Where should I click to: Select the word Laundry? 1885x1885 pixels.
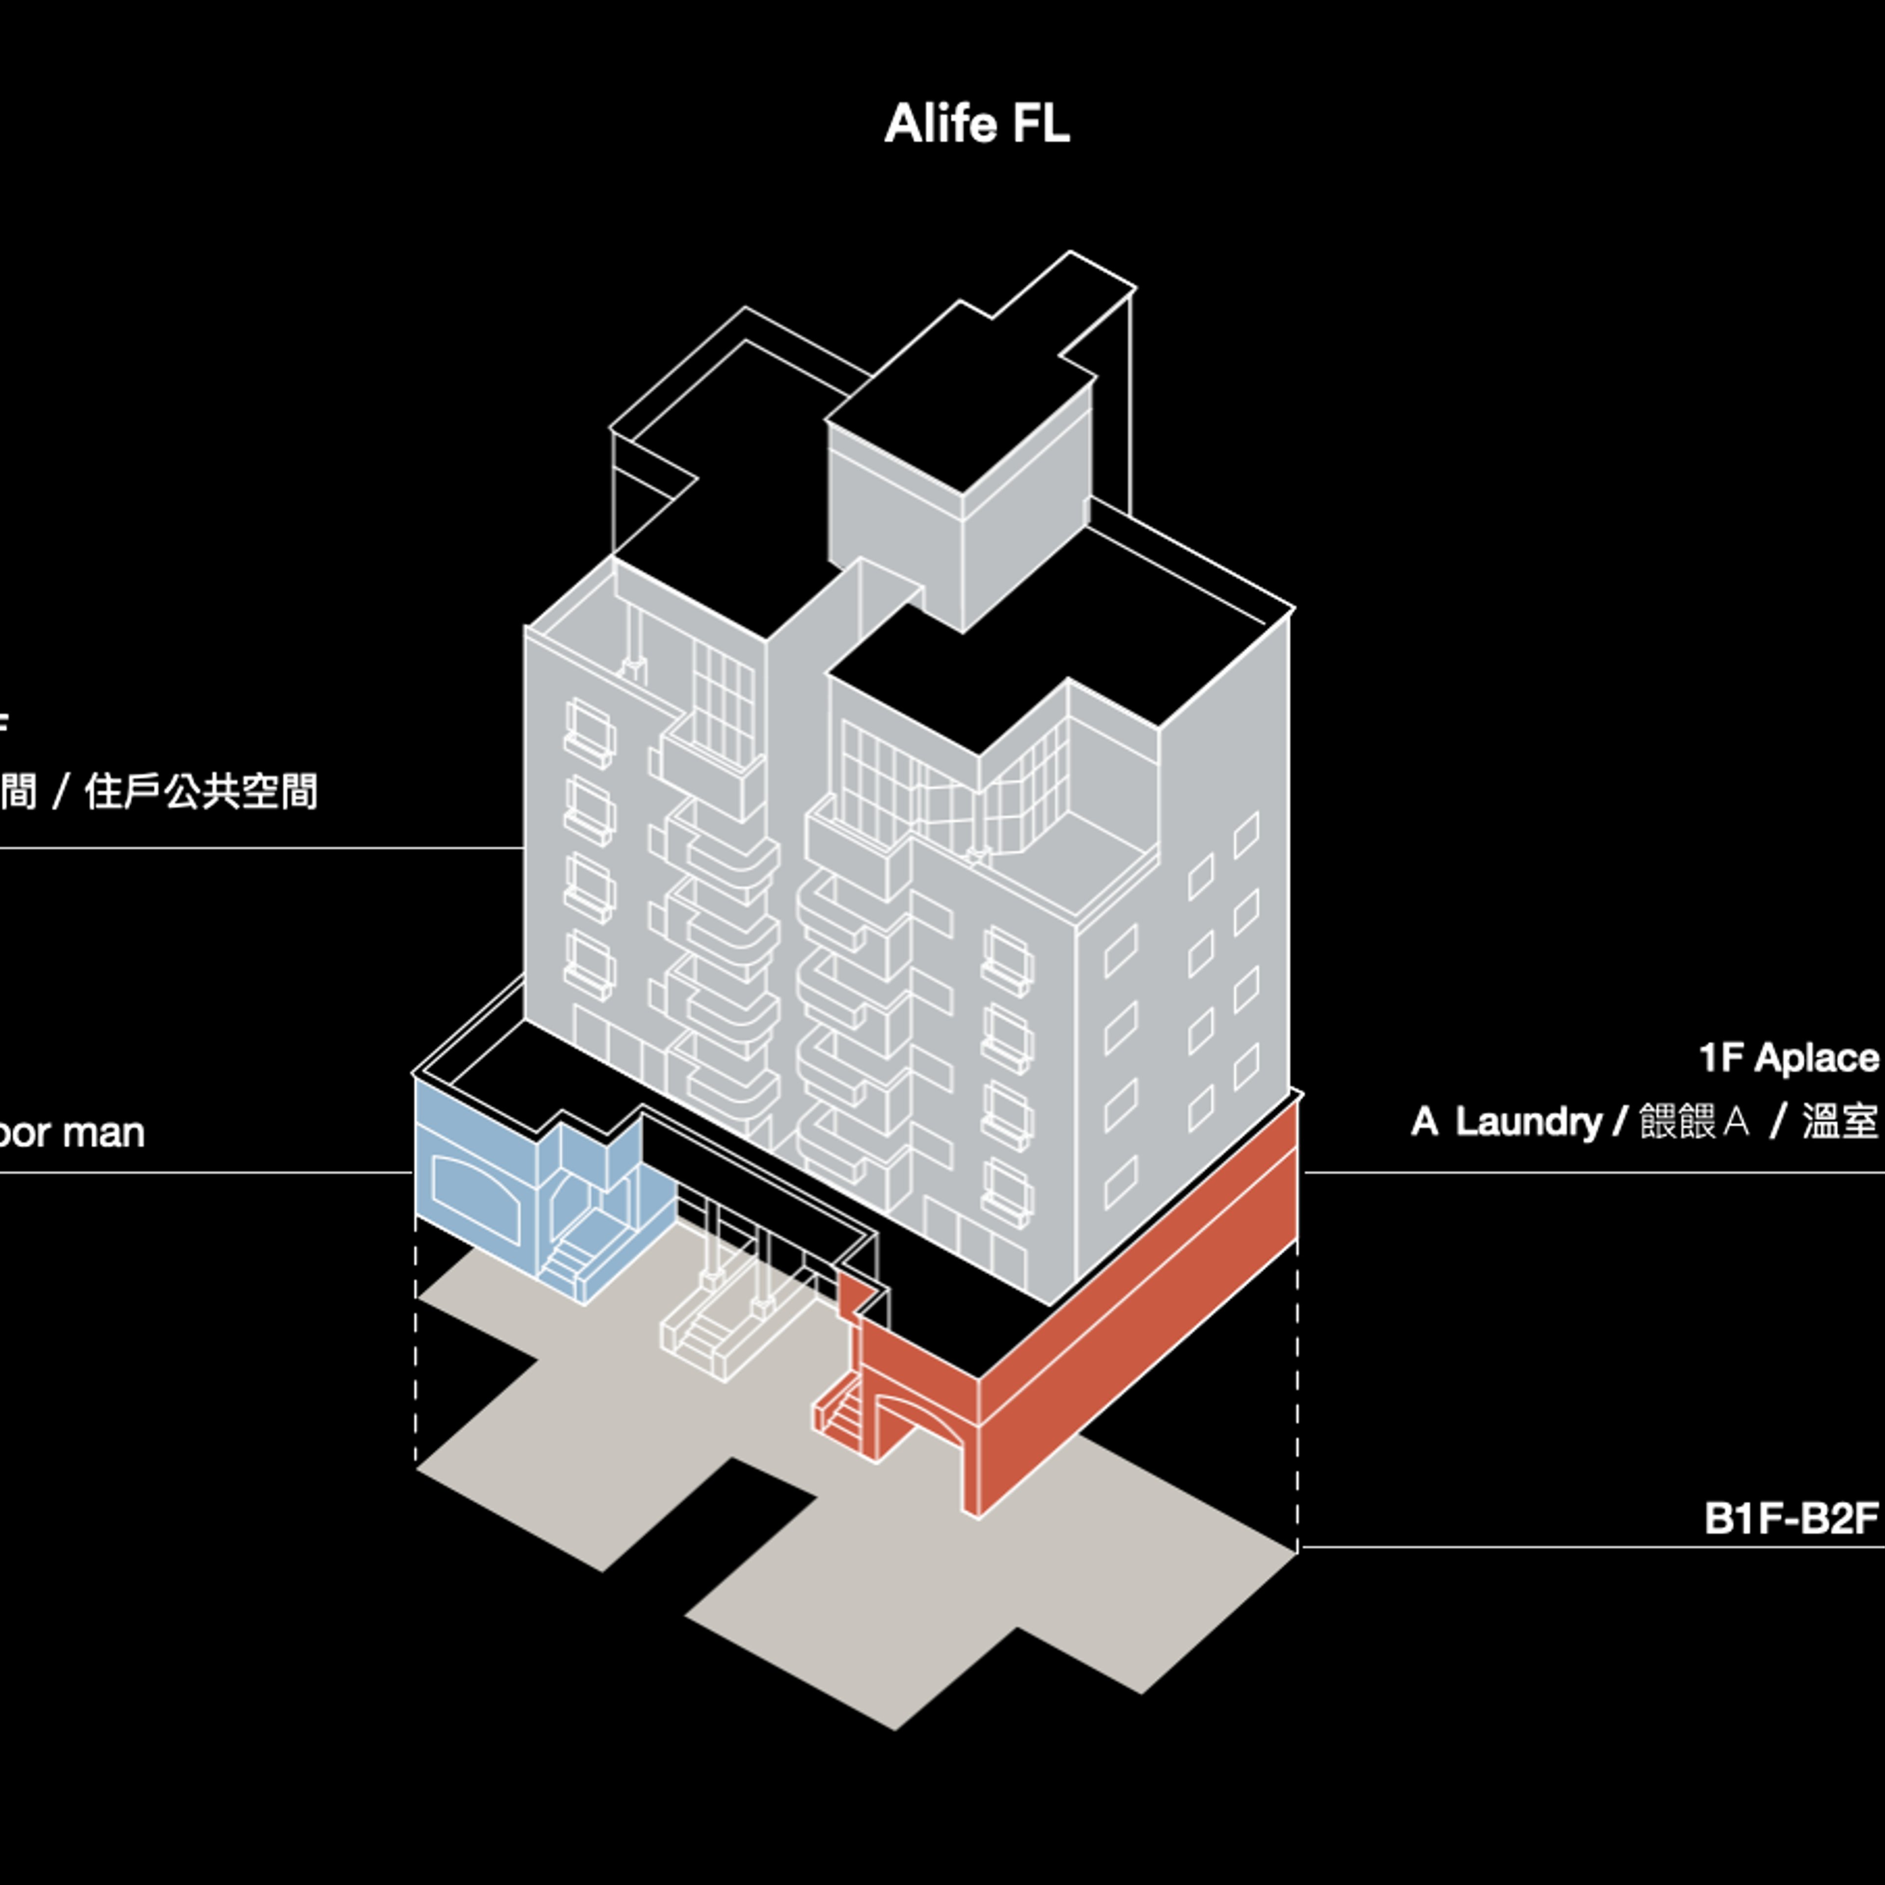pos(1528,1122)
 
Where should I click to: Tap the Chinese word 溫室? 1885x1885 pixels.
pos(1839,1122)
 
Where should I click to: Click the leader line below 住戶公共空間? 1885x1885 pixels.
pos(264,848)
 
